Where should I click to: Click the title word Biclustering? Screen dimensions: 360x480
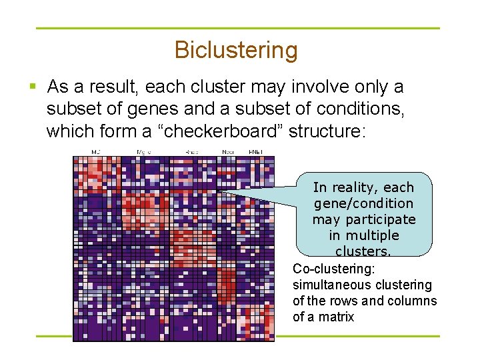tap(235, 50)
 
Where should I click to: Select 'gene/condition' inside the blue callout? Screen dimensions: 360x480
tap(363, 203)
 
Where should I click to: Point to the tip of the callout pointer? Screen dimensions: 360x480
tap(218, 193)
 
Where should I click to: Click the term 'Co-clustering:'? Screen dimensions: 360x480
tap(334, 269)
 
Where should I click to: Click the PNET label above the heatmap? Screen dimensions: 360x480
tap(256, 152)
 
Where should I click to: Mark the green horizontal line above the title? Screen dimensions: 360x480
tap(238, 28)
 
